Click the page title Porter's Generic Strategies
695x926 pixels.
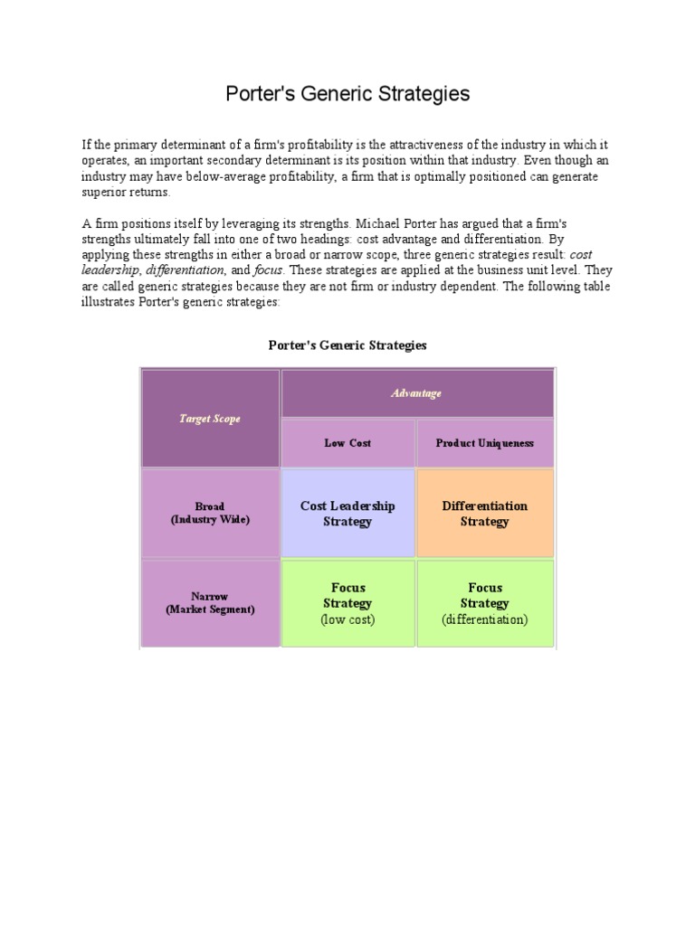point(347,94)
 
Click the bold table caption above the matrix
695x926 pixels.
point(347,345)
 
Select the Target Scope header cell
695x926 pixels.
point(210,419)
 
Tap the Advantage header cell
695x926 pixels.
point(416,393)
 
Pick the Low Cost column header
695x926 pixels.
point(347,443)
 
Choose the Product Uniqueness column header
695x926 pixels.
point(484,443)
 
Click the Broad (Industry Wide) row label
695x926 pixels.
point(210,513)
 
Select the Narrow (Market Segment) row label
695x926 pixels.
point(210,603)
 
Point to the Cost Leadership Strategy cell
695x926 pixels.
point(347,513)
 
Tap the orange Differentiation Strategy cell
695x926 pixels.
point(484,513)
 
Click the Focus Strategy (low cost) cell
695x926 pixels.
point(347,603)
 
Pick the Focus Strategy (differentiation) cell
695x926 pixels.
point(484,603)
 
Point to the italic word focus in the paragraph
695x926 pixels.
point(269,270)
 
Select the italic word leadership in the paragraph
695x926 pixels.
point(111,270)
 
